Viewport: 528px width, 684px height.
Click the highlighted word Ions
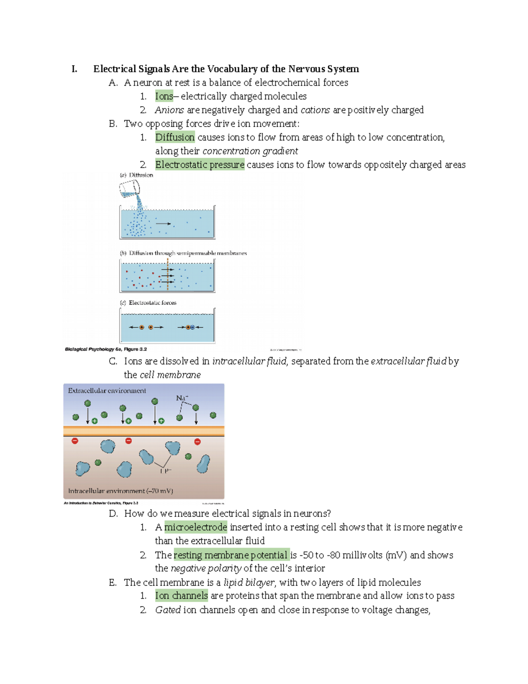pos(164,96)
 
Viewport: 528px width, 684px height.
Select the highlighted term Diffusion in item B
pos(175,137)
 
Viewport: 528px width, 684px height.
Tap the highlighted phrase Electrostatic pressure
pos(199,165)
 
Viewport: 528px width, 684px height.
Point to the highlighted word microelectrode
pos(195,527)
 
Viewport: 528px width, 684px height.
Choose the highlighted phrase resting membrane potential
pos(231,555)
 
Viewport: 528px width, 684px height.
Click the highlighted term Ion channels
pos(181,596)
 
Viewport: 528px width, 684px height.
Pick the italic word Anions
pos(169,110)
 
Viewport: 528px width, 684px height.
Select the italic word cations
pos(315,110)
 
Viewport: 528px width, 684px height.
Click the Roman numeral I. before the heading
pos(74,69)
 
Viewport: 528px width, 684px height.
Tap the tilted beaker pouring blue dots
pos(129,189)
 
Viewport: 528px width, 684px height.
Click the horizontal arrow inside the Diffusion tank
pos(163,224)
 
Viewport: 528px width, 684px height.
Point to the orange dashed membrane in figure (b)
pos(168,274)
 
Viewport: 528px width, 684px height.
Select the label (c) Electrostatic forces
pos(148,303)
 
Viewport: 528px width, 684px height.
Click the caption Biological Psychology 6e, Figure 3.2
pos(106,349)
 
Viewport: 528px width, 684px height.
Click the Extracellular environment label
pos(107,391)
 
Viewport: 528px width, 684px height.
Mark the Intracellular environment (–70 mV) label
pos(120,491)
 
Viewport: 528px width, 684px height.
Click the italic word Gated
pos(168,610)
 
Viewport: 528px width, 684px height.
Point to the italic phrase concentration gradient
pos(250,151)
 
